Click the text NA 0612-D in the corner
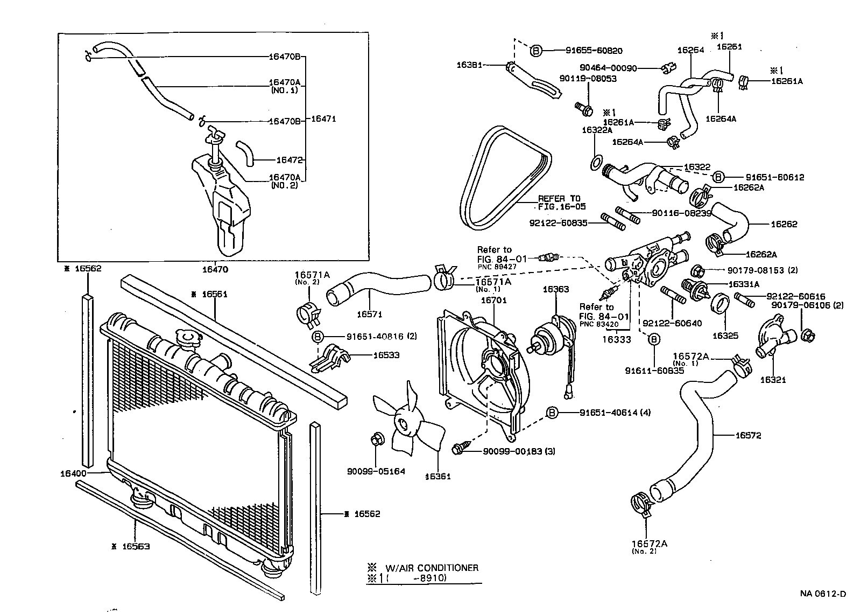point(822,594)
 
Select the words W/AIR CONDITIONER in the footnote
point(431,568)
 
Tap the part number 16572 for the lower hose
point(749,435)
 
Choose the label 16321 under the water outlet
point(773,380)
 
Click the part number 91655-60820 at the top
point(594,51)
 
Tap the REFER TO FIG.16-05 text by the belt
point(561,203)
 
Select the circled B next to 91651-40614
point(552,413)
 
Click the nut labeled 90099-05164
point(377,439)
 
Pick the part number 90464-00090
point(608,68)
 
